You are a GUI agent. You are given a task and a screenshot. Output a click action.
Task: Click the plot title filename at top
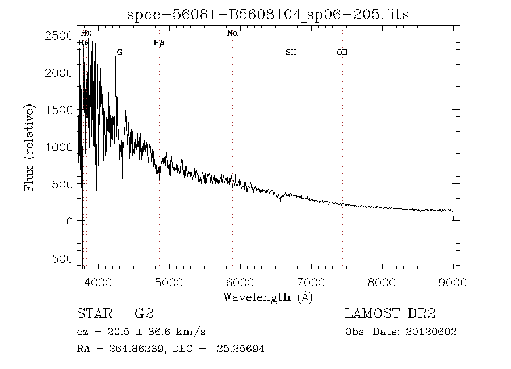[x=267, y=15]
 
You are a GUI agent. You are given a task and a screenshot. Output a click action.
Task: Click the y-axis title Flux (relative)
[x=30, y=147]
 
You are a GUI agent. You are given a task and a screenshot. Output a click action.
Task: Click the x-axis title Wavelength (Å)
[x=268, y=297]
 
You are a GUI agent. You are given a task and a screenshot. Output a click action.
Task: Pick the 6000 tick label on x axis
[x=240, y=282]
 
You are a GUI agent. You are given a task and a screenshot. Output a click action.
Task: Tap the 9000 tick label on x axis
[x=453, y=282]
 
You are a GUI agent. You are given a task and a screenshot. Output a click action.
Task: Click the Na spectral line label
[x=232, y=33]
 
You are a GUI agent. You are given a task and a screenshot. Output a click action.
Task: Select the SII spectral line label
[x=291, y=53]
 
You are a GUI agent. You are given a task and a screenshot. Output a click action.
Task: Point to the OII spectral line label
[x=342, y=53]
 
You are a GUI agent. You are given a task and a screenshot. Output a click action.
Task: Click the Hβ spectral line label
[x=159, y=43]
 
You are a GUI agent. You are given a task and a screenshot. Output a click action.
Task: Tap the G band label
[x=119, y=53]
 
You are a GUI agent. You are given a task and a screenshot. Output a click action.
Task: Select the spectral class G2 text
[x=144, y=314]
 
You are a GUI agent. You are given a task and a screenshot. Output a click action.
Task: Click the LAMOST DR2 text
[x=389, y=314]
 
